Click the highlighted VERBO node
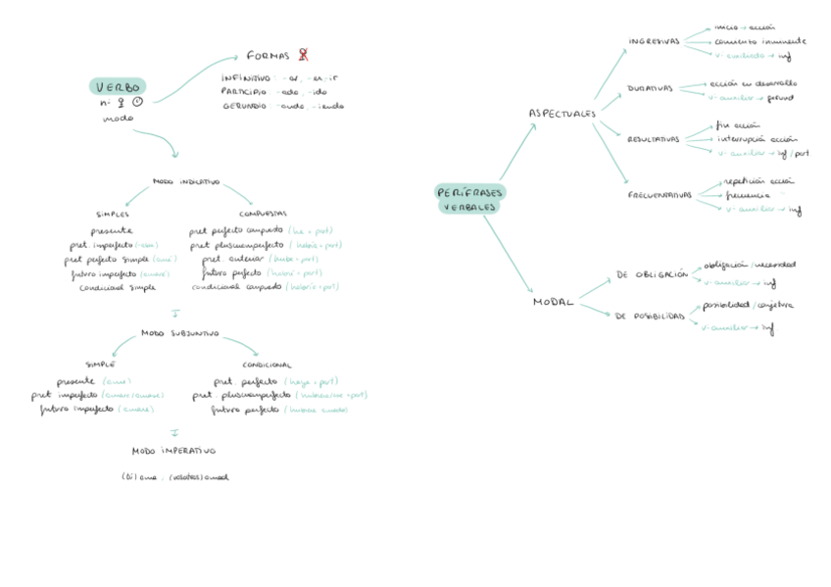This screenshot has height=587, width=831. pyautogui.click(x=118, y=86)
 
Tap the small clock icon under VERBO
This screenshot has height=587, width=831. pyautogui.click(x=136, y=102)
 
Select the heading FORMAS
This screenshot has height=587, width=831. pyautogui.click(x=267, y=55)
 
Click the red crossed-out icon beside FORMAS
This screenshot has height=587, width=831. pyautogui.click(x=304, y=55)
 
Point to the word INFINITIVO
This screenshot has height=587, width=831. pyautogui.click(x=246, y=76)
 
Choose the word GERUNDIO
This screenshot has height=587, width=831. pyautogui.click(x=245, y=105)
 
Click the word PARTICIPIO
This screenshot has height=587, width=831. pyautogui.click(x=246, y=91)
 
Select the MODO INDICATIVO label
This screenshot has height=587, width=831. pyautogui.click(x=186, y=182)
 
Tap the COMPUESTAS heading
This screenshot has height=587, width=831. pyautogui.click(x=263, y=214)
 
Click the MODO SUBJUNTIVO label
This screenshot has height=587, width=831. pyautogui.click(x=179, y=333)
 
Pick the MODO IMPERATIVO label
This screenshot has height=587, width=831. pyautogui.click(x=173, y=451)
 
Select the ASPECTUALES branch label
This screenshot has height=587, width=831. pyautogui.click(x=562, y=114)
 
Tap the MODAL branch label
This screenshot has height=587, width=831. pyautogui.click(x=553, y=302)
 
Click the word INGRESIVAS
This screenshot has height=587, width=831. pyautogui.click(x=654, y=41)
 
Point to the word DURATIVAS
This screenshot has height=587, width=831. pyautogui.click(x=650, y=88)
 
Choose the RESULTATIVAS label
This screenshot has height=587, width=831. pyautogui.click(x=653, y=139)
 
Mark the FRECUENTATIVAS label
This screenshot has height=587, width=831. pyautogui.click(x=660, y=195)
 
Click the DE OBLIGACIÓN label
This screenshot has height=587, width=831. pyautogui.click(x=652, y=275)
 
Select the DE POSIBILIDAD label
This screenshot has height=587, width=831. pyautogui.click(x=650, y=316)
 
